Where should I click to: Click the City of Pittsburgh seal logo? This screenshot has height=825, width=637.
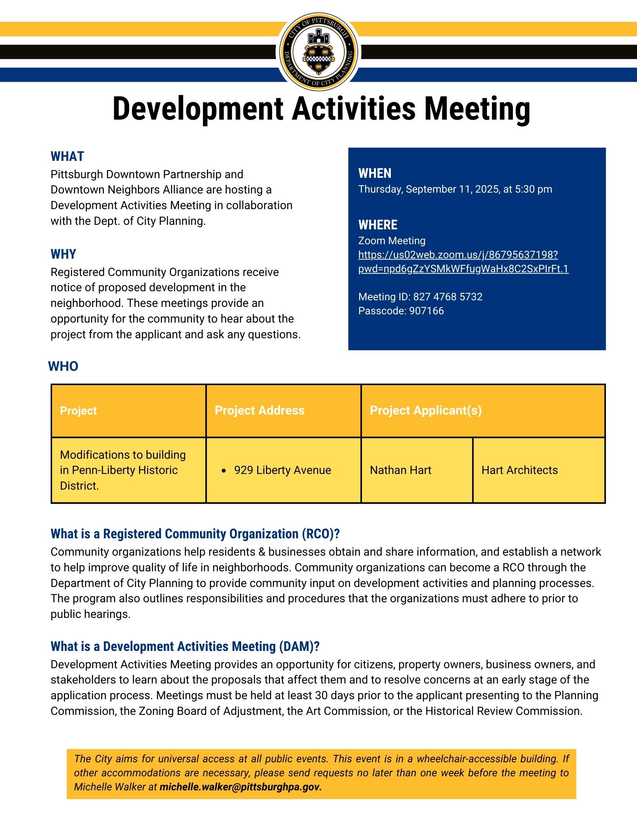point(318,52)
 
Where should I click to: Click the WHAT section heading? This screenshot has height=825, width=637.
point(67,157)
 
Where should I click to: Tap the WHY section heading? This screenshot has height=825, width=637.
point(63,254)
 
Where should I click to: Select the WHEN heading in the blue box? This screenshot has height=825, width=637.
point(375,173)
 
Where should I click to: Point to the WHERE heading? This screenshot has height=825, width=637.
point(378,225)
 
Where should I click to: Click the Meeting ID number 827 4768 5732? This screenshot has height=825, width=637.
point(447,297)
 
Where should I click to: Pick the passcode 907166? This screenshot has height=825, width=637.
point(426,311)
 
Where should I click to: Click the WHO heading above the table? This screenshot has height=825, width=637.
point(63,366)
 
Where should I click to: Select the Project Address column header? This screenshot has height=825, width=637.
point(259,410)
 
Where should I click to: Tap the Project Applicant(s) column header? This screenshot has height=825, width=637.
point(425,410)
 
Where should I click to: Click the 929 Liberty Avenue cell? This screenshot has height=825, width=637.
point(282,470)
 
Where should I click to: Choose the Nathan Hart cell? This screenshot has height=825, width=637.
point(400,470)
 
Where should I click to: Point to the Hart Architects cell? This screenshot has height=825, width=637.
point(519,470)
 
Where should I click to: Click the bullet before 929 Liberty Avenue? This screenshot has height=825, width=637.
point(223,471)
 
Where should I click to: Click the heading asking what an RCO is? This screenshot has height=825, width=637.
point(195,534)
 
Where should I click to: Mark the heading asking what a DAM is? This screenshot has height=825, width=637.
point(185,646)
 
